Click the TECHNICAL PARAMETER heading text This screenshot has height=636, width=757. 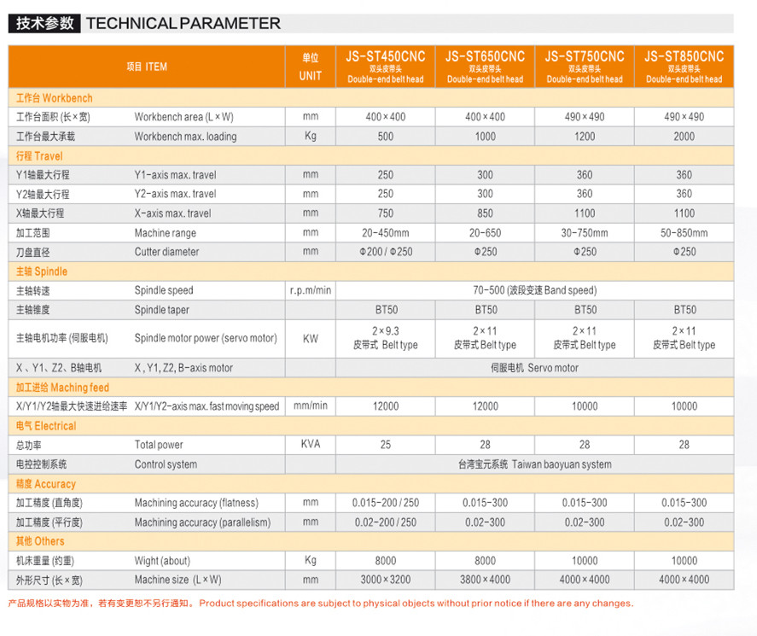(x=183, y=24)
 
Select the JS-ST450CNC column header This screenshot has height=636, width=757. (x=385, y=66)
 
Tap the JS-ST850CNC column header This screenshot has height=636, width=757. (x=684, y=66)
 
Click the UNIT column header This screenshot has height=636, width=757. (x=310, y=67)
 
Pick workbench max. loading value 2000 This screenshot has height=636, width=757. (x=684, y=137)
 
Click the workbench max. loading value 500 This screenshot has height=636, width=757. (x=385, y=137)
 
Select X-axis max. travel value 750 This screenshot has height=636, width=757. (x=385, y=213)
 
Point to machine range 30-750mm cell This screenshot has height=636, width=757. (x=585, y=233)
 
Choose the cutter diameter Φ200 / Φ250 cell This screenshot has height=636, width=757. (x=385, y=252)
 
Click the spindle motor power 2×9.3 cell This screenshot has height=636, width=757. (x=385, y=338)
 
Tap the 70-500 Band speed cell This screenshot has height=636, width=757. (x=534, y=290)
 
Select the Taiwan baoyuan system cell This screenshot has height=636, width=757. (x=534, y=464)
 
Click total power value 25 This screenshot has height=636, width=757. (x=385, y=445)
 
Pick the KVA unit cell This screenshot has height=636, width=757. (x=310, y=445)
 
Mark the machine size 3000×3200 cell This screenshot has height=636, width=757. (x=385, y=580)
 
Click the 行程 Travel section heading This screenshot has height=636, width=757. (x=40, y=156)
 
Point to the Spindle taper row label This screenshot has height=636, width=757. (x=162, y=310)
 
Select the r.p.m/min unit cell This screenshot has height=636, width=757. (x=310, y=290)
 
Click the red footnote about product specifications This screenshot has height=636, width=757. (x=320, y=604)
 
